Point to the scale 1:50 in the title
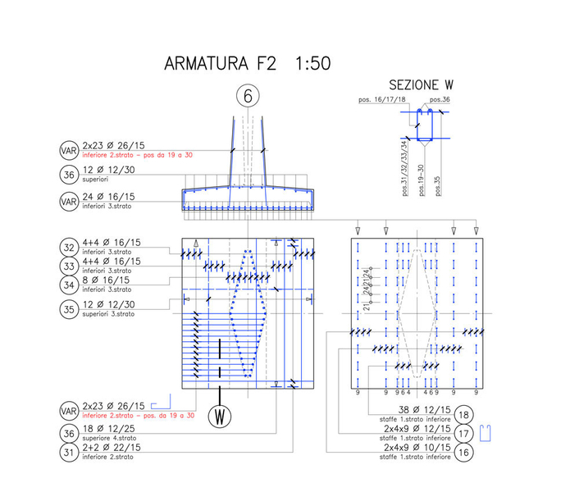307,64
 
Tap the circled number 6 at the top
248,96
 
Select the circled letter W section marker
220,417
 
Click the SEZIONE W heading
421,85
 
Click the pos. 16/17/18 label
382,99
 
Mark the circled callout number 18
463,414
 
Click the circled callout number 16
463,450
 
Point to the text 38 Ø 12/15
424,410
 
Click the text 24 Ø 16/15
108,197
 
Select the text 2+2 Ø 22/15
112,448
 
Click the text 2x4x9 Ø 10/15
417,448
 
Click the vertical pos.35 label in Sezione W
438,184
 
